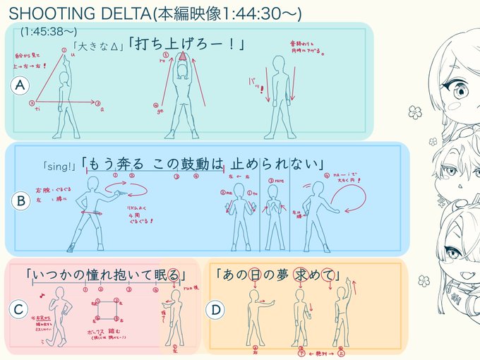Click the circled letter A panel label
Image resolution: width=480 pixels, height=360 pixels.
(21, 85)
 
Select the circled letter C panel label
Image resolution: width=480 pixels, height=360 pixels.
(19, 308)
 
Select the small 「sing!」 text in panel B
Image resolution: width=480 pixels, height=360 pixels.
(59, 167)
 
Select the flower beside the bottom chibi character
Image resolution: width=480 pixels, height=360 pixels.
(424, 280)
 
